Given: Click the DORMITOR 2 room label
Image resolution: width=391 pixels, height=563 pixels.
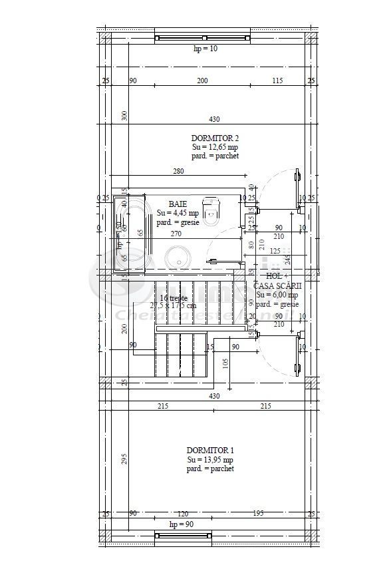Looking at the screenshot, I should [x=214, y=137].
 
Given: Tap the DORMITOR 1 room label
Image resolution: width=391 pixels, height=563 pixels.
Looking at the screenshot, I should [x=209, y=450].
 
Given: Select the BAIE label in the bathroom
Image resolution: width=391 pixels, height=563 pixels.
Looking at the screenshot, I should [x=178, y=204].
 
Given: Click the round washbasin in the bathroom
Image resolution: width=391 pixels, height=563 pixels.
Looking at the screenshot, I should [x=178, y=257].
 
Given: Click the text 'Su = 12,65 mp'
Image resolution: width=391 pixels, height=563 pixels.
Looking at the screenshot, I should [x=215, y=146].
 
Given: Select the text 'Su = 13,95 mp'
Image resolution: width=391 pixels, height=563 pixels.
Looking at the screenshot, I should [x=210, y=459].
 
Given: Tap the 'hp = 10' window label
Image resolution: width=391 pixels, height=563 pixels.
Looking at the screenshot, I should [x=205, y=49].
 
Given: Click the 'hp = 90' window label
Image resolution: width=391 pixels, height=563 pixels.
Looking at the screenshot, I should [x=182, y=525].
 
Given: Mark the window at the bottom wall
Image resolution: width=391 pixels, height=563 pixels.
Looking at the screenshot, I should [x=183, y=535].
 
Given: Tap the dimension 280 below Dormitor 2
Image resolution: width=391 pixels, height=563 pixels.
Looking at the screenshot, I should [x=178, y=172].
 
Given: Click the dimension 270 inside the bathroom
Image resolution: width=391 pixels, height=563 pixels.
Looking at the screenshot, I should [x=177, y=234].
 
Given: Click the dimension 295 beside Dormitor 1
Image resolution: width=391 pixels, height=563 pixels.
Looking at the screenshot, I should [x=124, y=460].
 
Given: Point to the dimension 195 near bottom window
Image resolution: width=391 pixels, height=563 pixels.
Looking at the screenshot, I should [x=259, y=513].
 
